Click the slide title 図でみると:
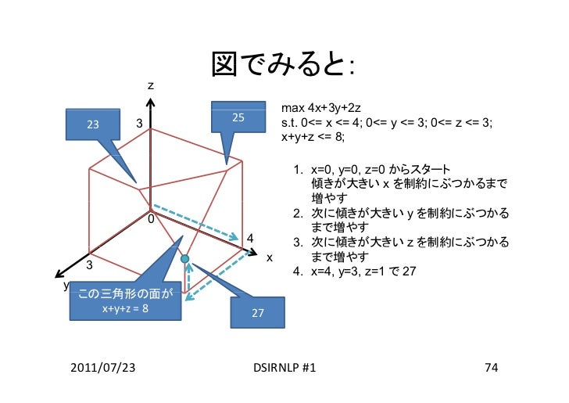click(x=283, y=67)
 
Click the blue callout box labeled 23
click(x=93, y=124)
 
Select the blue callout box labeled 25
click(x=239, y=117)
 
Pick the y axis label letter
click(x=66, y=286)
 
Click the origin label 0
click(x=150, y=219)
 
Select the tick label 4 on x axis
click(x=249, y=238)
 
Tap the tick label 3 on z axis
click(x=139, y=124)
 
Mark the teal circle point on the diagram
click(x=185, y=258)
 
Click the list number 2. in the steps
click(x=298, y=213)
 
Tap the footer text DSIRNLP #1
click(x=285, y=367)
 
